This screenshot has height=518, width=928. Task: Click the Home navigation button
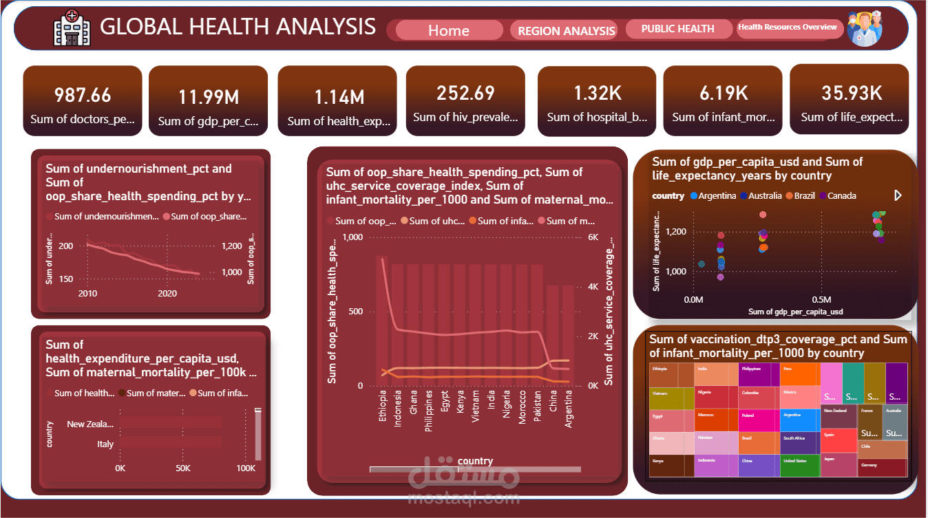coord(449,30)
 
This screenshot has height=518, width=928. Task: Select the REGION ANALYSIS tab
coord(566,30)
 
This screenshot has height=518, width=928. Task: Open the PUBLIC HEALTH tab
coord(677,29)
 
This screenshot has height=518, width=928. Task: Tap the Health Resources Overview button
coord(788,28)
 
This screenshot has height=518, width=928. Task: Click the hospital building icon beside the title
coord(72,28)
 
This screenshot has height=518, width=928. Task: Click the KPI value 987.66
coord(83,96)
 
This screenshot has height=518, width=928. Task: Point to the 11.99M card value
coord(208,97)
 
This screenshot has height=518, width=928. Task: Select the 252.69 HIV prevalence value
coord(465,93)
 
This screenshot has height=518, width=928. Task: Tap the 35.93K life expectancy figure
coord(852,93)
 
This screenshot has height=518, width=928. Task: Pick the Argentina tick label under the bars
coord(569,409)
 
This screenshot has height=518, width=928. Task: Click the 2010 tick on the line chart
coord(87,294)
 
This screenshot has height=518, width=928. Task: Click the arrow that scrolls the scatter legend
coord(897,195)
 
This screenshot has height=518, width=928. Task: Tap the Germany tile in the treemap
coord(882,468)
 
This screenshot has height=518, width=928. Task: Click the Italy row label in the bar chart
coord(105,444)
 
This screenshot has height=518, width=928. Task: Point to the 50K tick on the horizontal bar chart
coord(183,468)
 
